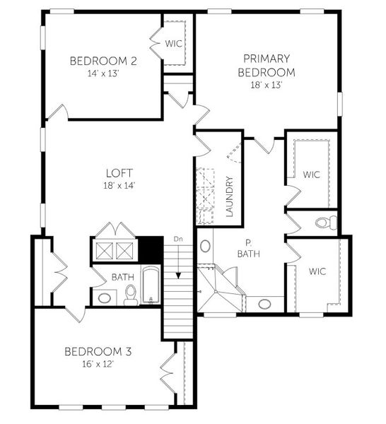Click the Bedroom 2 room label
[103, 61]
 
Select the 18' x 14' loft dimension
[119, 186]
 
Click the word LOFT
[119, 172]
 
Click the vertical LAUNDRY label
[229, 196]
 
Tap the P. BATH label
[246, 247]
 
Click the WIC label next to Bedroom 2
[174, 44]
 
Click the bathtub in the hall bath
[150, 285]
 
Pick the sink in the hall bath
[105, 298]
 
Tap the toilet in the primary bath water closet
[323, 223]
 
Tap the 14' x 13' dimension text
[103, 73]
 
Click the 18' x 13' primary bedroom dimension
[266, 85]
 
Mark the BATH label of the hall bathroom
[120, 277]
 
